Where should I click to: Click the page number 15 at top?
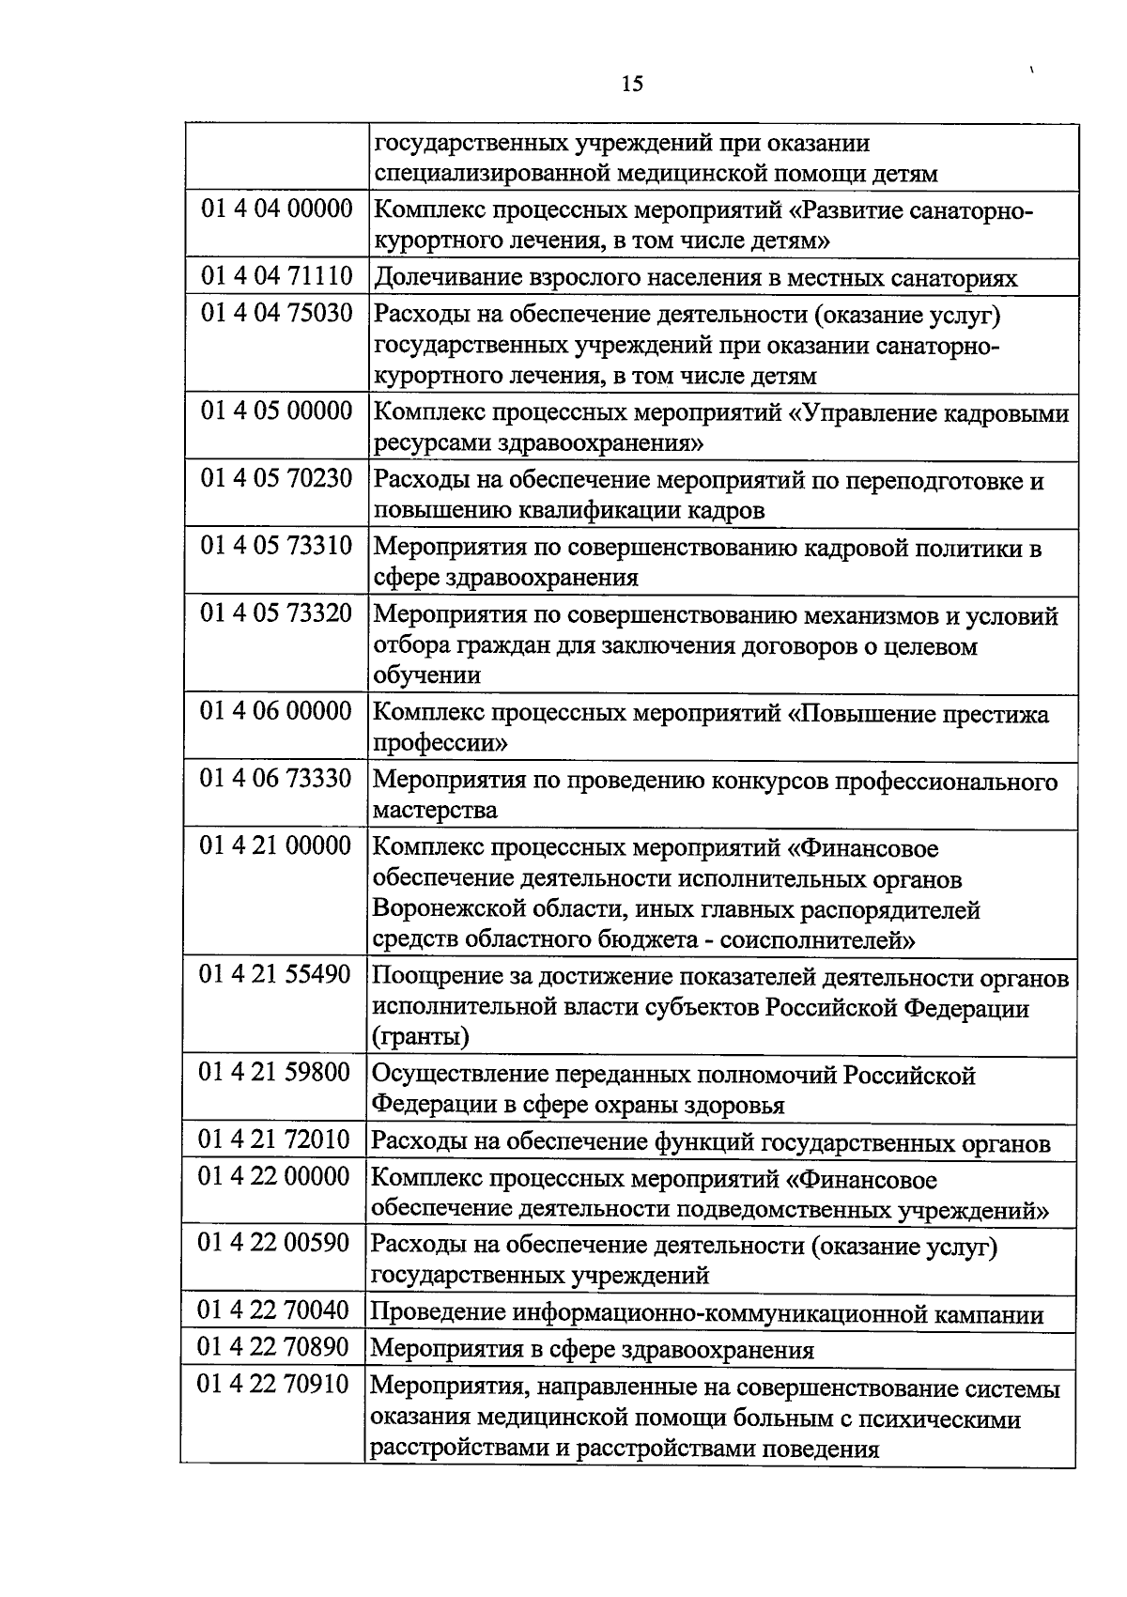pyautogui.click(x=632, y=85)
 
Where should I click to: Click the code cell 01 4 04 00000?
pyautogui.click(x=276, y=209)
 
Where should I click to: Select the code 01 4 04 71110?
pyautogui.click(x=276, y=276)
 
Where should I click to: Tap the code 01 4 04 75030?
pyautogui.click(x=276, y=313)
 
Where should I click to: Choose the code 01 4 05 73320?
pyautogui.click(x=276, y=613)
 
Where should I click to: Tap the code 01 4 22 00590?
pyautogui.click(x=274, y=1244)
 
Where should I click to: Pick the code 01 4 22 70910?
pyautogui.click(x=273, y=1385)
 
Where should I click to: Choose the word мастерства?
pyautogui.click(x=435, y=810)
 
